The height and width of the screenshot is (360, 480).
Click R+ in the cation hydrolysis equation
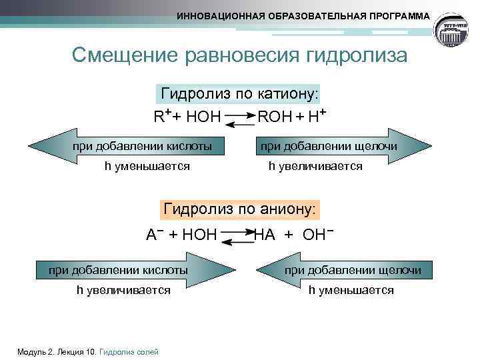pyautogui.click(x=163, y=117)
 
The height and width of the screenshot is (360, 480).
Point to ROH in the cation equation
pyautogui.click(x=275, y=117)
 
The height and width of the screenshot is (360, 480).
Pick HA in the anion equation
pyautogui.click(x=265, y=234)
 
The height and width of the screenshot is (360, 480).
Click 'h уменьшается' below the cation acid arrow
pyautogui.click(x=147, y=166)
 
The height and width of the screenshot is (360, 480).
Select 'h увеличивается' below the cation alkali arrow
pyautogui.click(x=315, y=166)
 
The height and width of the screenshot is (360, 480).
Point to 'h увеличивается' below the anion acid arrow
pyautogui.click(x=123, y=290)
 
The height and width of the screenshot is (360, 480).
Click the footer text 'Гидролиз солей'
pyautogui.click(x=129, y=351)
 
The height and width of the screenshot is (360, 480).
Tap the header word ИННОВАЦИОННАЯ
pyautogui.click(x=219, y=15)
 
